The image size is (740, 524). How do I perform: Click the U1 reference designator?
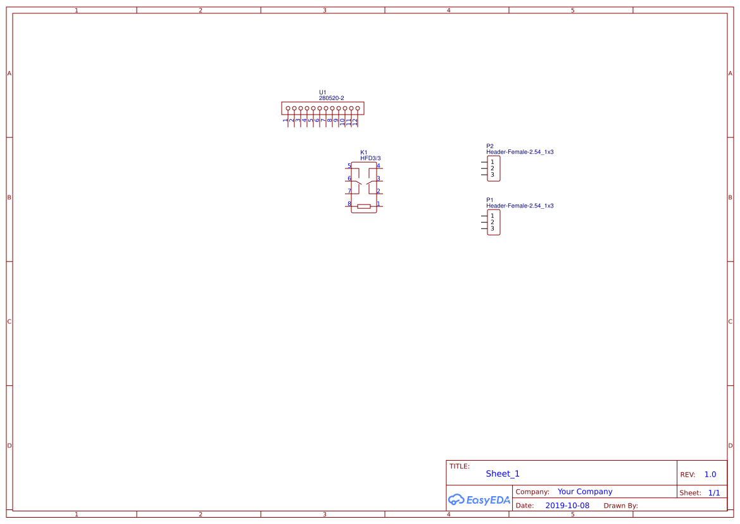pos(322,92)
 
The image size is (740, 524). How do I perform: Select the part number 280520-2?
pos(331,98)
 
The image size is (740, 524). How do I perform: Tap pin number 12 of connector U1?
pos(355,122)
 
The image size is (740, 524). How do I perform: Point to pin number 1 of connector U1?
pos(285,120)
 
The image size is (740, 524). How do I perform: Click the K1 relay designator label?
pos(363,153)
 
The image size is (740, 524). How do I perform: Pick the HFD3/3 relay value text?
pos(370,158)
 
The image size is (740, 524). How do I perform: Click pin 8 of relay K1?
pos(349,204)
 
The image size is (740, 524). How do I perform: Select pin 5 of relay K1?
pos(349,166)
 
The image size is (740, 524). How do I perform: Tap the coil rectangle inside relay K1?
pos(364,206)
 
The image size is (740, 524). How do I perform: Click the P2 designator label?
pos(490,146)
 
